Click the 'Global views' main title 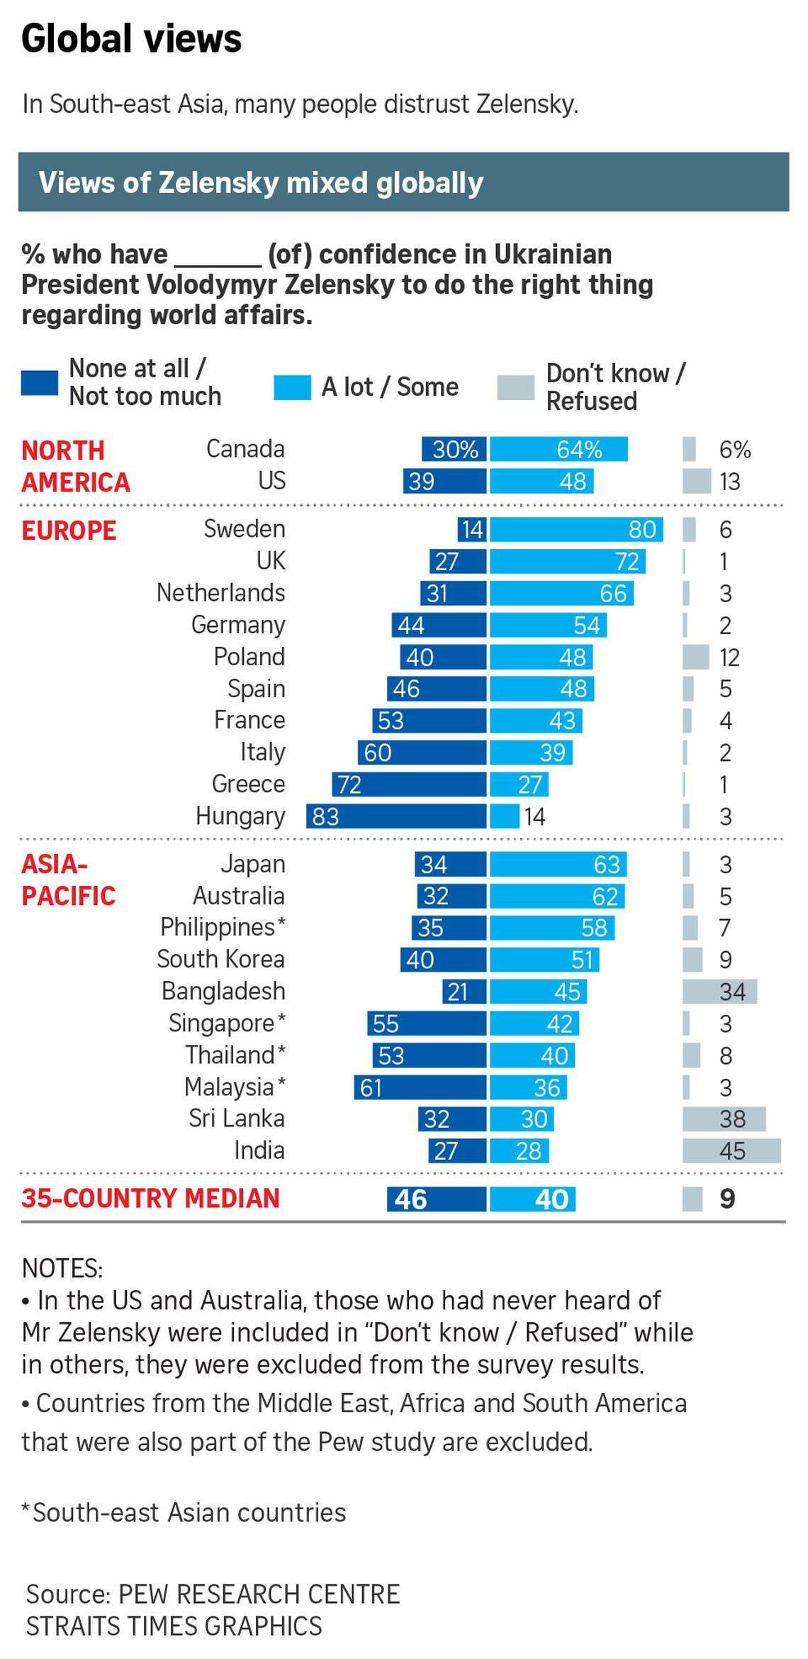[x=132, y=39]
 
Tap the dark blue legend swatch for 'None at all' [x=40, y=383]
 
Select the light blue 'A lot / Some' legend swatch [x=292, y=388]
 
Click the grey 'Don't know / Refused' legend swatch [x=515, y=388]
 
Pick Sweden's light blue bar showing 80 [x=576, y=530]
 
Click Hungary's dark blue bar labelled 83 [x=396, y=816]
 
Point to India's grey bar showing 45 [x=731, y=1150]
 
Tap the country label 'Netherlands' [x=220, y=593]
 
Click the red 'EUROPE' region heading [x=69, y=531]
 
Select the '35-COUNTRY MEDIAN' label [x=150, y=1199]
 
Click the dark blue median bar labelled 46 [x=437, y=1199]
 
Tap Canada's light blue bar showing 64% [x=559, y=450]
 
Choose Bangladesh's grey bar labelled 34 [x=719, y=992]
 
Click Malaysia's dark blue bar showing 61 [x=420, y=1087]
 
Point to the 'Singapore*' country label [x=227, y=1023]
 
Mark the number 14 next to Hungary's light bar [x=534, y=817]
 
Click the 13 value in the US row [x=729, y=482]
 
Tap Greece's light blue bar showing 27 [x=519, y=784]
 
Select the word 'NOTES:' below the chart [x=62, y=1268]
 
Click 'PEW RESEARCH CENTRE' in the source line [x=259, y=1594]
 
